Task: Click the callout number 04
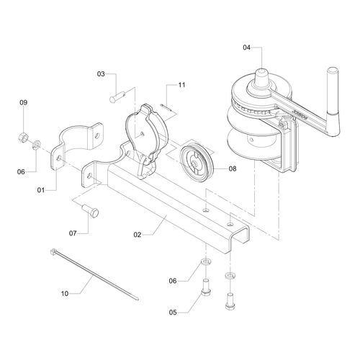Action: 246,48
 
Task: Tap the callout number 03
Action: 101,74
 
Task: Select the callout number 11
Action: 181,85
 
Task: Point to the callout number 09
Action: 24,102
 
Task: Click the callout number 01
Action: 41,190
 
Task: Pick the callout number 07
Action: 73,233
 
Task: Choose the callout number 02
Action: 138,235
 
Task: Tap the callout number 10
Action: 65,293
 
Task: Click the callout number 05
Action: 173,312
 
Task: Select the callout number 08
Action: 233,168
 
